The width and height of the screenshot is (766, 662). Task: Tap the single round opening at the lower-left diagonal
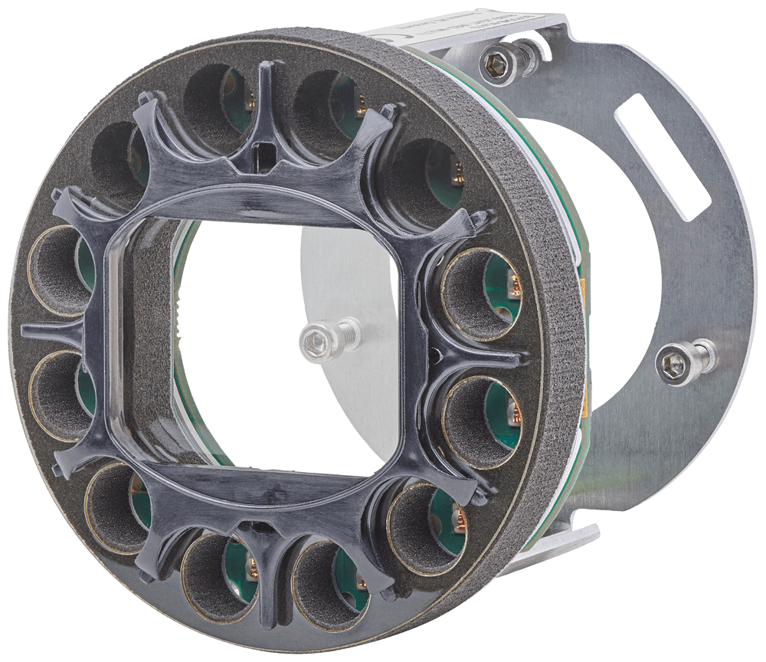click(115, 506)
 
